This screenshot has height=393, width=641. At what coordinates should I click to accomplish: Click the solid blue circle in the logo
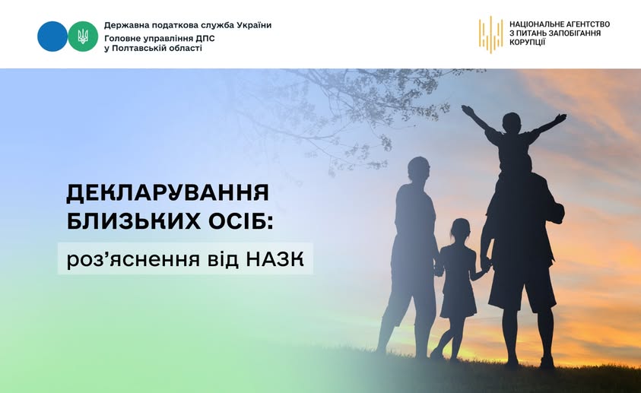click(52, 36)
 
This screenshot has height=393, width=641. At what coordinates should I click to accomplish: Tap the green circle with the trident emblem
click(83, 36)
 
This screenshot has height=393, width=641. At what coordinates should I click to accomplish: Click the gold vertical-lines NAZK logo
click(490, 35)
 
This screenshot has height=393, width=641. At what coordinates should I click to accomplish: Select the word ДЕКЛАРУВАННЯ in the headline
click(168, 193)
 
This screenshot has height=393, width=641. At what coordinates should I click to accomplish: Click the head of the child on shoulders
click(512, 122)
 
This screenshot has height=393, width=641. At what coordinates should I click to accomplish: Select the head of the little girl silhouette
click(460, 229)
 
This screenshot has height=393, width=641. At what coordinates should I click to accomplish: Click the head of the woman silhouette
click(418, 169)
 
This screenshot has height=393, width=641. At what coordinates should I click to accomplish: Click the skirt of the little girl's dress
click(458, 300)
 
